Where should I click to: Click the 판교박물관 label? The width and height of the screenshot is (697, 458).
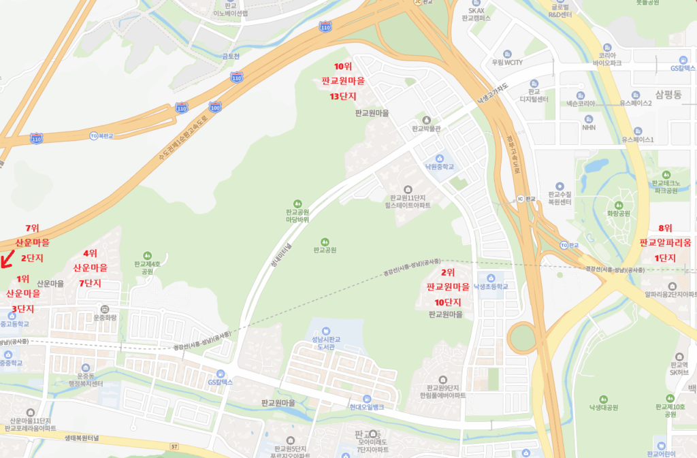[427, 128]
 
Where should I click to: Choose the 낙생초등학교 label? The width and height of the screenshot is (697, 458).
[491, 287]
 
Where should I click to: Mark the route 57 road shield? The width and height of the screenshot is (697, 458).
[175, 446]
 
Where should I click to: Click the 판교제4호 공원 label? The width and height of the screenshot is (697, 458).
[147, 267]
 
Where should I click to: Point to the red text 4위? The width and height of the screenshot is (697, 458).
[90, 253]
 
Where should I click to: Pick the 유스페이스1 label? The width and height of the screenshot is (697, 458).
[637, 140]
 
